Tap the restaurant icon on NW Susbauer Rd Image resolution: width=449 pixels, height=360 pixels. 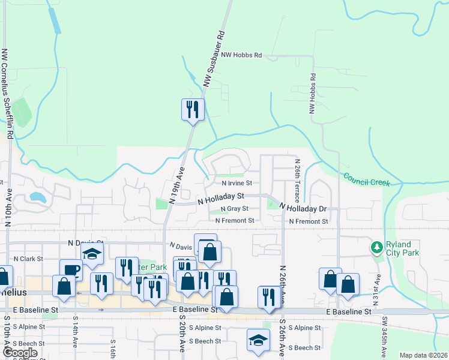[x=193, y=109]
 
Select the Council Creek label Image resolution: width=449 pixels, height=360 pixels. [x=367, y=179]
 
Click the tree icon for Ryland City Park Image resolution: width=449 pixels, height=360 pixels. [x=377, y=247]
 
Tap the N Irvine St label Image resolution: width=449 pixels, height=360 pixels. [x=237, y=183]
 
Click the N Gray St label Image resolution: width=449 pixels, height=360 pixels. [x=234, y=209]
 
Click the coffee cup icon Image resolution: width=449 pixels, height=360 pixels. [x=70, y=270]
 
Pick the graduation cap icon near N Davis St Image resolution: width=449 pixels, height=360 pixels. [x=92, y=254]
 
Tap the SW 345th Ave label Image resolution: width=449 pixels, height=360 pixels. [x=385, y=336]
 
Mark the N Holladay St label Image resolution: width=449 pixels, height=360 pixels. [x=221, y=197]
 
